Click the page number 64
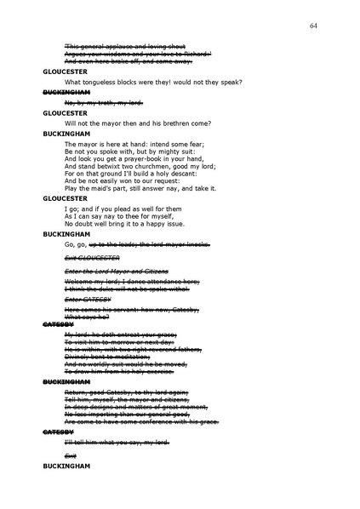[x=314, y=26]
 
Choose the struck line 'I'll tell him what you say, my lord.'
[x=117, y=442]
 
